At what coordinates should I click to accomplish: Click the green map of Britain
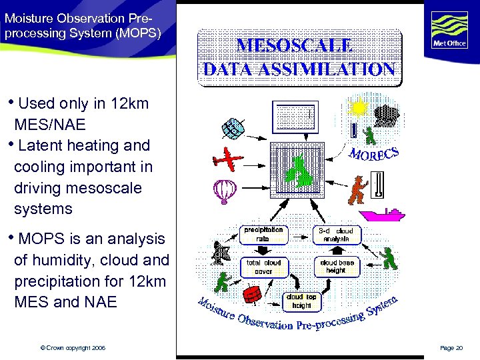[x=298, y=171]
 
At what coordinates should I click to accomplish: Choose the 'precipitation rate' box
[x=263, y=234]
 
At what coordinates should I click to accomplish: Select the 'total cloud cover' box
[x=263, y=267]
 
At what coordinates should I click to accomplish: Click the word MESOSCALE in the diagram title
[x=296, y=45]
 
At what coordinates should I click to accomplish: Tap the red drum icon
[x=252, y=294]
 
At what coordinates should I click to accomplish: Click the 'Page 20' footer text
[x=453, y=348]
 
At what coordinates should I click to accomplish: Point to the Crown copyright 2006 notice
[x=73, y=348]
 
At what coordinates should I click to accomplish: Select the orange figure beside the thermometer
[x=358, y=189]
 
